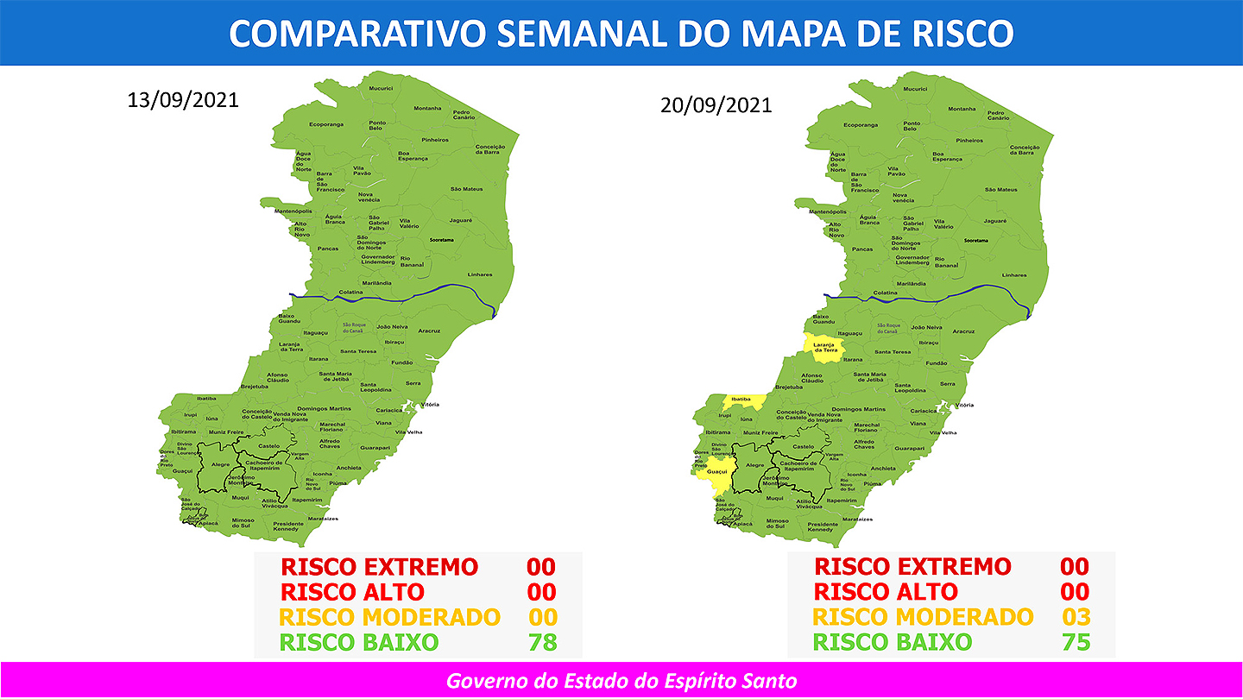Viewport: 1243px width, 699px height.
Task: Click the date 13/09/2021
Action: click(182, 98)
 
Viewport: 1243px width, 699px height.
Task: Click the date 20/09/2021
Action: click(716, 105)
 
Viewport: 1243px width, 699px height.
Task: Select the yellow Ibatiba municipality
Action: click(741, 400)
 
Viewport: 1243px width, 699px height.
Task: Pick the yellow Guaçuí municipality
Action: click(717, 472)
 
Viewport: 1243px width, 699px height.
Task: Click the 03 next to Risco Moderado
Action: click(1076, 617)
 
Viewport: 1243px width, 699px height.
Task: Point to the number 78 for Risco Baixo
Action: click(543, 642)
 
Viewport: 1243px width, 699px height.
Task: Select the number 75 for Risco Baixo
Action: click(1076, 642)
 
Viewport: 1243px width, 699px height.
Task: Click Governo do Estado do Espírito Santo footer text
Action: click(621, 681)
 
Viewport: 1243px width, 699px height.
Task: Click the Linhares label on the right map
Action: click(1014, 275)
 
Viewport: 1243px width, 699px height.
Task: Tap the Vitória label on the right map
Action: click(964, 405)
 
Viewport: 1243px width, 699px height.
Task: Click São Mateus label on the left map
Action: click(466, 189)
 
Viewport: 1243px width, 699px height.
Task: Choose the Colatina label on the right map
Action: click(886, 293)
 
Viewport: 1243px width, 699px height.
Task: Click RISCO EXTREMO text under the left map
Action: click(379, 567)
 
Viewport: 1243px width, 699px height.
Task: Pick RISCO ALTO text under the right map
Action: click(886, 592)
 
